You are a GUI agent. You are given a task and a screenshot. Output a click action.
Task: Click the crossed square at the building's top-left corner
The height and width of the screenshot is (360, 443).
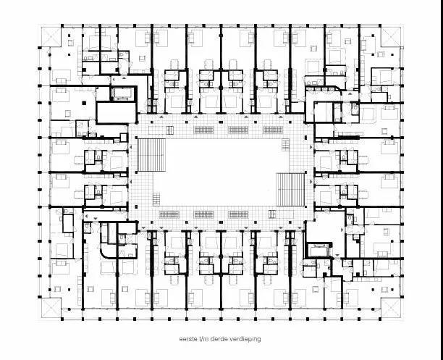(51, 37)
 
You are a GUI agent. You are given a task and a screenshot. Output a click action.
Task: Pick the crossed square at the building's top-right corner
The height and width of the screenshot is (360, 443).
(391, 37)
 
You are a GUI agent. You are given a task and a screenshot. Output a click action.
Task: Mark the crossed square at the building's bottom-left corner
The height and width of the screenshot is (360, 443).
(51, 307)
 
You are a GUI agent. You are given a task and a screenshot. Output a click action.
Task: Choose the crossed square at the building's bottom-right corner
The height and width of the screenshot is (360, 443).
(391, 307)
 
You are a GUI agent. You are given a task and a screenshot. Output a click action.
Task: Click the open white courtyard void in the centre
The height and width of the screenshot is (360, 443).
(220, 172)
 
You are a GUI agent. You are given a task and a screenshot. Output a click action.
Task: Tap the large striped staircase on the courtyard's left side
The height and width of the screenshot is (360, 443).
(151, 155)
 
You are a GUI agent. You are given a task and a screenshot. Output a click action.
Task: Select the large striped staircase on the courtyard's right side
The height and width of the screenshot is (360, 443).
(290, 190)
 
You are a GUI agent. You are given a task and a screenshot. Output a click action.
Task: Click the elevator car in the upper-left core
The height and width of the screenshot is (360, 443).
(123, 93)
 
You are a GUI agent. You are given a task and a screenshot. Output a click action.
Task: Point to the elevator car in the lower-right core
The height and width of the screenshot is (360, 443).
(319, 251)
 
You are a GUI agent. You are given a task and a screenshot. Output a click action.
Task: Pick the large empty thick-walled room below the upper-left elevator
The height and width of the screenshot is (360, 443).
(117, 112)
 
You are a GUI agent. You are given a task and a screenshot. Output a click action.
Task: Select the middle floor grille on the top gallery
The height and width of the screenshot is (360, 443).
(238, 130)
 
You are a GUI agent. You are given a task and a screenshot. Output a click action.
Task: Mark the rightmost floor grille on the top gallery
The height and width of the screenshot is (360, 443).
(273, 130)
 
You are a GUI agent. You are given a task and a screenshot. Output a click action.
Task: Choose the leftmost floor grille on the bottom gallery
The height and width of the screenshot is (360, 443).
(169, 214)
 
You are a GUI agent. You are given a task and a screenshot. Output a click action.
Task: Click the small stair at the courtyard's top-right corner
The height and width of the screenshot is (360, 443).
(286, 145)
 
